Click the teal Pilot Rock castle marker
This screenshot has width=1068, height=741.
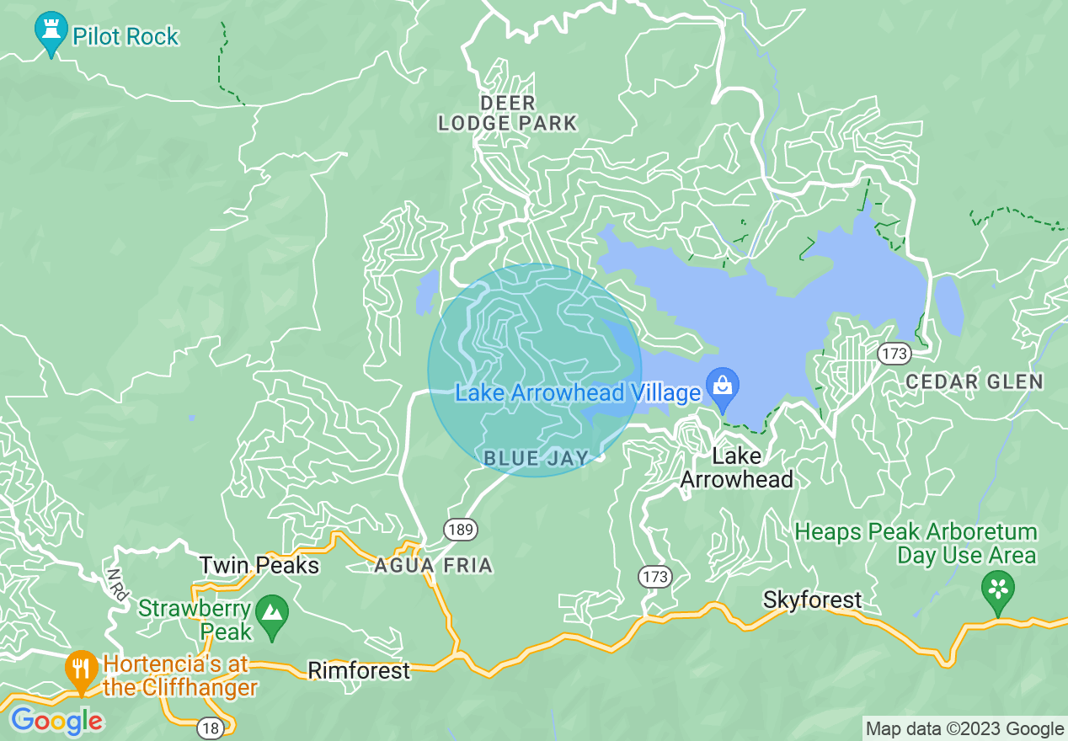click(x=51, y=33)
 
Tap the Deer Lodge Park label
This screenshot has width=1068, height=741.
click(x=507, y=114)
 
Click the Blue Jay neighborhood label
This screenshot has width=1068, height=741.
click(x=535, y=458)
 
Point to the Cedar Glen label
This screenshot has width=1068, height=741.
click(x=975, y=381)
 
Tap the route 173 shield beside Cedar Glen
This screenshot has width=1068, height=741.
click(x=893, y=353)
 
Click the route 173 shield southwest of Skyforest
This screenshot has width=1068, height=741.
click(x=654, y=577)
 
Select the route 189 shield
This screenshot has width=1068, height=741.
click(x=461, y=530)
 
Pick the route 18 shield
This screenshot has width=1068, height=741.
click(x=211, y=728)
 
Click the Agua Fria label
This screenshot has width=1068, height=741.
click(x=433, y=565)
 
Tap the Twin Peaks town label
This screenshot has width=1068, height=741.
click(x=259, y=565)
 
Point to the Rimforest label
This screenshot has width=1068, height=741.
click(x=359, y=670)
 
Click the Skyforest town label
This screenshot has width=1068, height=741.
click(x=812, y=600)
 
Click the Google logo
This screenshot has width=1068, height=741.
click(x=56, y=721)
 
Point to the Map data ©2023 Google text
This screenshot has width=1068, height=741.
click(x=965, y=729)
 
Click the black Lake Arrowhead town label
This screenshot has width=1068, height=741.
click(x=737, y=468)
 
